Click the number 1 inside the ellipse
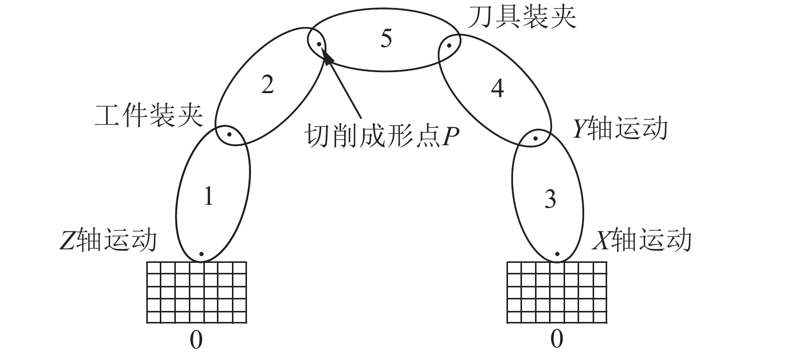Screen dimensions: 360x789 pos(209,197)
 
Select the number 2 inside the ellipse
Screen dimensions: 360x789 pos(268,85)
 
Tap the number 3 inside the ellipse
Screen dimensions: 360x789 pos(550,199)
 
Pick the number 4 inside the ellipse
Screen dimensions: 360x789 pos(497,88)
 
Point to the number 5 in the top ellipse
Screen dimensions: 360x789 pos(385,39)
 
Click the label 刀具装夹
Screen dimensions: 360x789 pos(522,17)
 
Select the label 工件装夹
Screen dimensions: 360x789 pos(149,116)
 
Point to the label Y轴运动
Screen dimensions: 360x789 pos(620,128)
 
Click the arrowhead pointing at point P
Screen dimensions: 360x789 pos(327,57)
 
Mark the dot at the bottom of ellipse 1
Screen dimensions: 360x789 pos(201,254)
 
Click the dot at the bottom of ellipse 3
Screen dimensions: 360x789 pos(557,254)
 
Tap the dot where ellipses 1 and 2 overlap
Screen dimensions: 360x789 pos(229,134)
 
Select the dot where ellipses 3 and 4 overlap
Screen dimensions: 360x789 pos(535,138)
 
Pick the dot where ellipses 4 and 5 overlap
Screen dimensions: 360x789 pos(449,45)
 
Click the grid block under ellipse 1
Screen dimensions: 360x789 pos(197,292)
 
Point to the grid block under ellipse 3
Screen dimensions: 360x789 pos(557,292)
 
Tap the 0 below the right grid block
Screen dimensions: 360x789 pos(557,340)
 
